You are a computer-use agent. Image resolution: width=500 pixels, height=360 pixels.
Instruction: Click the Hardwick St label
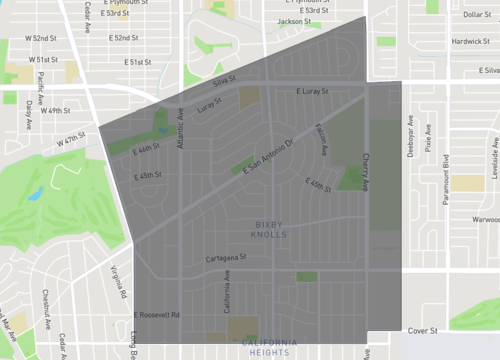point(469,42)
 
